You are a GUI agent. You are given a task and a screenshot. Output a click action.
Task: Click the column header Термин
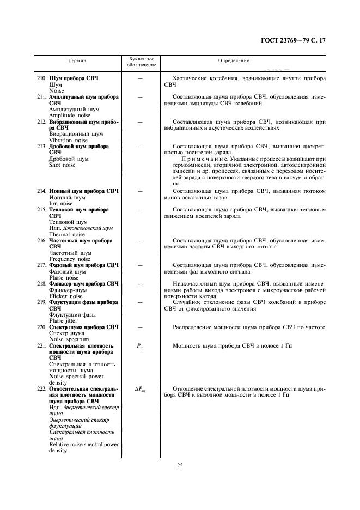tap(77, 61)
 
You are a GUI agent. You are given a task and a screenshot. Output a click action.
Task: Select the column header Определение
tap(234, 61)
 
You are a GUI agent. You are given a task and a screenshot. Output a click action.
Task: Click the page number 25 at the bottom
tap(179, 465)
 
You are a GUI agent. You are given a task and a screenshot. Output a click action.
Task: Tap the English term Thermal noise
tap(68, 235)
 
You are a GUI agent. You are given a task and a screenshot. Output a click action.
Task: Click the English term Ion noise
tap(60, 203)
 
